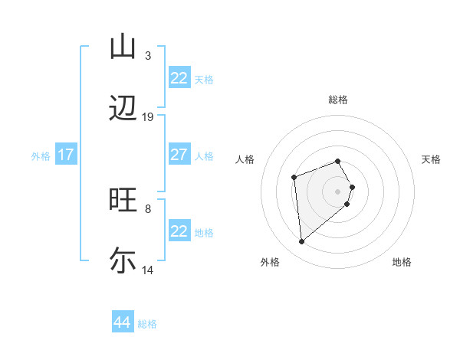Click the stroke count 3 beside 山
[x=148, y=56]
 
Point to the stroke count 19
[x=148, y=117]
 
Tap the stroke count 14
[x=148, y=270]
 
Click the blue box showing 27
[x=179, y=155]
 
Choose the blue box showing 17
[x=66, y=155]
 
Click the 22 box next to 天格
[x=179, y=78]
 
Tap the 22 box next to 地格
[x=179, y=231]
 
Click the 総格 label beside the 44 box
[x=147, y=324]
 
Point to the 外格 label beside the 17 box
[x=41, y=156]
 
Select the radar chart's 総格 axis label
[x=338, y=100]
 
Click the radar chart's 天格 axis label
[x=431, y=159]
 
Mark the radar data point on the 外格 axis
[x=302, y=242]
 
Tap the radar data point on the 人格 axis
[x=294, y=178]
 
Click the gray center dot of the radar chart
[x=338, y=191]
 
